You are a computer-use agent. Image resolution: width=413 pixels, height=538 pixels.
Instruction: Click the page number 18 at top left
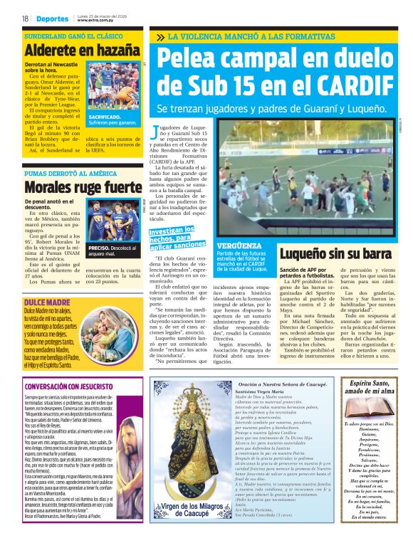26,19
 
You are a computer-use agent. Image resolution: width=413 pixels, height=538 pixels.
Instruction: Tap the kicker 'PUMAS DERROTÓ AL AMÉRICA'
70,173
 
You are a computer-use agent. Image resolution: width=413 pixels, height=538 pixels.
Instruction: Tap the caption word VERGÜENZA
240,245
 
